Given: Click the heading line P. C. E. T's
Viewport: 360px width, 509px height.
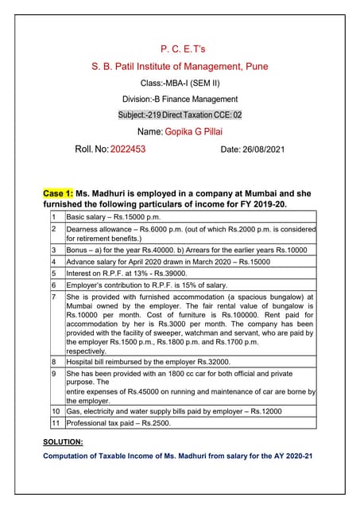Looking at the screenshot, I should [180, 50].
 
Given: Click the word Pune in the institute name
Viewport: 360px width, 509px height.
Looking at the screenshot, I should [254, 66].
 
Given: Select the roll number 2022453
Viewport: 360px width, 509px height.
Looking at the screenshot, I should [128, 148].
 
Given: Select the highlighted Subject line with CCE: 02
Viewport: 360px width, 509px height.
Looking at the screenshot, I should [180, 115].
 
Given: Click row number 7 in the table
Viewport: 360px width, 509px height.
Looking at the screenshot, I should [53, 297].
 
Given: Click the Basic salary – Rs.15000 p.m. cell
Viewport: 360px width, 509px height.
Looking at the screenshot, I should [114, 216].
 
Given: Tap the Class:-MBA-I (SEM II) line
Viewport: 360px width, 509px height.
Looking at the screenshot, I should [180, 84].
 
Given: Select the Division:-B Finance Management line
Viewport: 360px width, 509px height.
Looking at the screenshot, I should [180, 99].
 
